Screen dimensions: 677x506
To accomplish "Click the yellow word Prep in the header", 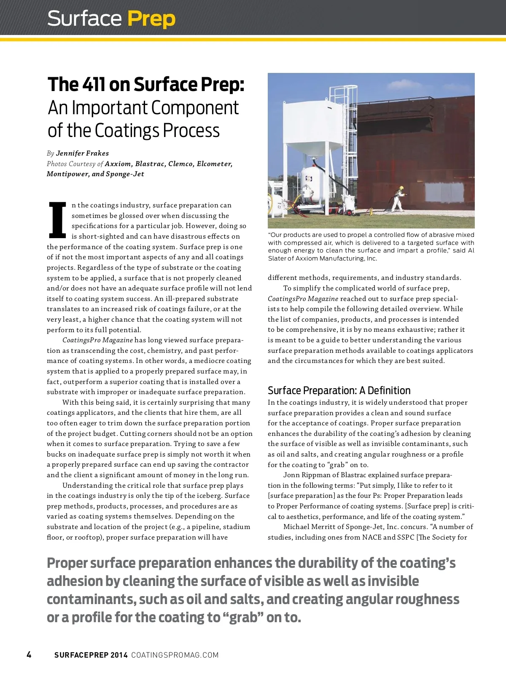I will pyautogui.click(x=151, y=19).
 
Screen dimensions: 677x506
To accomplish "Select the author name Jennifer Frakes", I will pyautogui.click(x=82, y=153).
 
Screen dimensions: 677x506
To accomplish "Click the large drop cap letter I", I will pyautogui.click(x=57, y=220).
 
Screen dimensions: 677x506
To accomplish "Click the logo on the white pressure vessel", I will pyautogui.click(x=309, y=179).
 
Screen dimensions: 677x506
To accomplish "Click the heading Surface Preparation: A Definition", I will pyautogui.click(x=339, y=390).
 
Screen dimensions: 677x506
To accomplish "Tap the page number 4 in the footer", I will pyautogui.click(x=29, y=655).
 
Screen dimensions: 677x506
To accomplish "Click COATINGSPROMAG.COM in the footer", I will pyautogui.click(x=175, y=655).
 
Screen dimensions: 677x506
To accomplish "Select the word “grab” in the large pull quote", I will pyautogui.click(x=243, y=618).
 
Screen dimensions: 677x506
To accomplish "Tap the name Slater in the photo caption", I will pyautogui.click(x=277, y=258).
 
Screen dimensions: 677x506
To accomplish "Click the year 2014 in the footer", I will pyautogui.click(x=119, y=655).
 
